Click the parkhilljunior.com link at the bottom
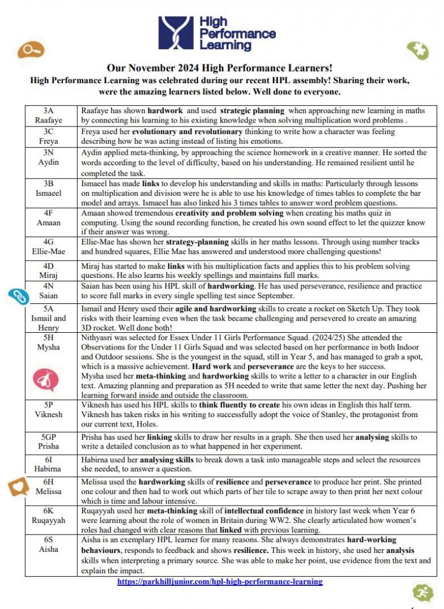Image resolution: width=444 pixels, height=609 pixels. (220, 582)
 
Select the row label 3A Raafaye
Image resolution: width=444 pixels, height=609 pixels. (51, 116)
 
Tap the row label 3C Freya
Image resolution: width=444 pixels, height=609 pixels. (51, 137)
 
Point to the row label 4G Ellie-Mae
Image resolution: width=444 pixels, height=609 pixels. (51, 247)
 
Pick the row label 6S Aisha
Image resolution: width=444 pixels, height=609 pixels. (51, 545)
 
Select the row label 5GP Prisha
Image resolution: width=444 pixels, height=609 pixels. (51, 442)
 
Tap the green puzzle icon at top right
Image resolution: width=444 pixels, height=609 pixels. (417, 50)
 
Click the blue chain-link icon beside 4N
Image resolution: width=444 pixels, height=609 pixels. (18, 296)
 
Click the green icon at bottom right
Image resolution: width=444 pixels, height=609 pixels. (423, 593)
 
